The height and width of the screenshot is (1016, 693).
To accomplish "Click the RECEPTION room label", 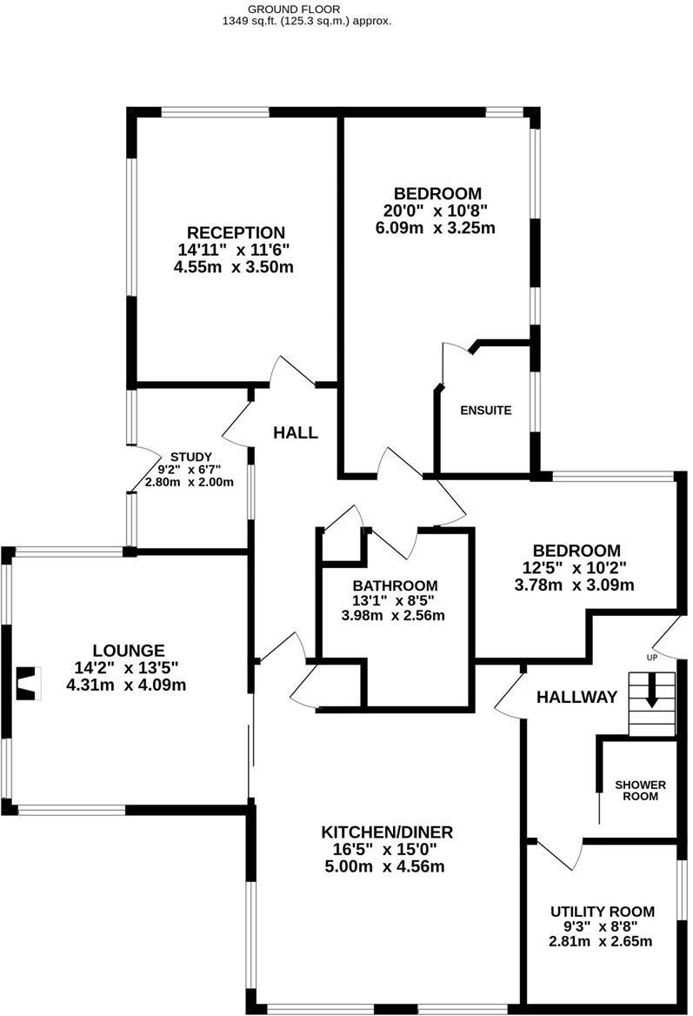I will click(236, 232).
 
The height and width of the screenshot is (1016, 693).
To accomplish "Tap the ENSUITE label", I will click(485, 411).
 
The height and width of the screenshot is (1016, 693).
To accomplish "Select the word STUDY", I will click(190, 457).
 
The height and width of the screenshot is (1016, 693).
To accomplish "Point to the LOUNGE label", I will click(129, 650).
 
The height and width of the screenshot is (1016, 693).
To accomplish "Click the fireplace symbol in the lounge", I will click(29, 682).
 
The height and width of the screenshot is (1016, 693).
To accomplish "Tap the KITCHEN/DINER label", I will click(387, 832).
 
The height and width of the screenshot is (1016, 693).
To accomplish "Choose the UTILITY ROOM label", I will click(602, 911).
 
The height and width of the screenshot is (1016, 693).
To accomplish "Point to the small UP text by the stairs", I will click(651, 658).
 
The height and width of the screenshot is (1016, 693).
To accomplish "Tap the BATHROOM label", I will click(395, 585).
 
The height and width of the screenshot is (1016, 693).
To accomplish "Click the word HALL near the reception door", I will click(296, 432).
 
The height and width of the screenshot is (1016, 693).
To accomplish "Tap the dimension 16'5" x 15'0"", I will click(387, 849).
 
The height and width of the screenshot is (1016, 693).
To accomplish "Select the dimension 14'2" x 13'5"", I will click(129, 668).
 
